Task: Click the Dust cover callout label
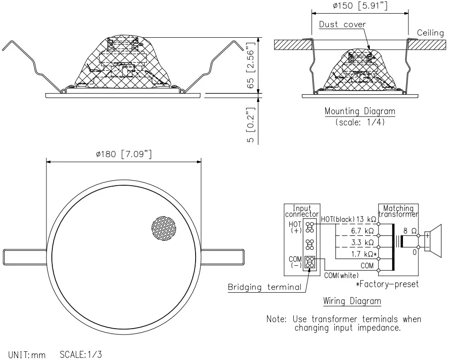coord(342,24)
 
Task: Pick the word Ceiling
coord(430,33)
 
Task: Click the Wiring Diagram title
coord(352,301)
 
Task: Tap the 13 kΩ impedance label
coord(366,219)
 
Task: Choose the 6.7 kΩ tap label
coord(362,231)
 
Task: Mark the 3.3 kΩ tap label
coord(362,243)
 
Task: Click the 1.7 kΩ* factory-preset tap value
coord(364,254)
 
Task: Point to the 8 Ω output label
coord(409,231)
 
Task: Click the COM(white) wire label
coord(341,275)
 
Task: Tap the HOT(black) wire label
coord(337,219)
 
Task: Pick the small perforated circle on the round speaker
coord(163,228)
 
